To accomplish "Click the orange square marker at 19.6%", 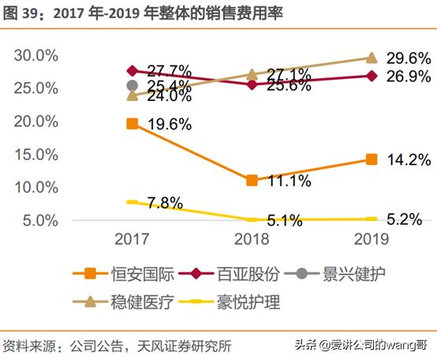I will coord(132,123).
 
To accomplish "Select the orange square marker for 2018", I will coord(252,180).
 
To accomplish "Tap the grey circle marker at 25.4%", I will coord(132,85).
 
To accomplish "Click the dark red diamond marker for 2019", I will coord(372,76).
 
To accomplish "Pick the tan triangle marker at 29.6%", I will coord(372,58).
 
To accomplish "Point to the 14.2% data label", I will coord(409,159).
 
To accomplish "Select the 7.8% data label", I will coord(166,204).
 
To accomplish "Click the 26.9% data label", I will coord(409,77).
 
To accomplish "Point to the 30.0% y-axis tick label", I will coord(36,56).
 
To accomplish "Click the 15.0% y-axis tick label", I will coord(36,155).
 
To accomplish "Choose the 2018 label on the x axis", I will coord(252,239).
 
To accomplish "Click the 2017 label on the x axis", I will coord(132,239).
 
